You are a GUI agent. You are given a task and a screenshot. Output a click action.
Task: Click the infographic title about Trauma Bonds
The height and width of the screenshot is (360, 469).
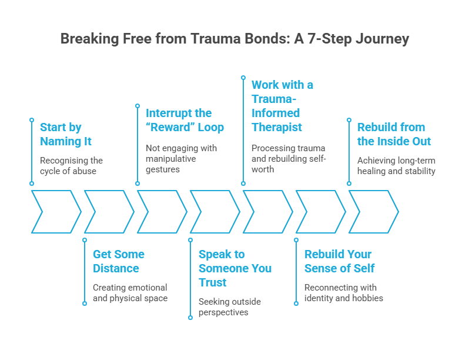(235, 39)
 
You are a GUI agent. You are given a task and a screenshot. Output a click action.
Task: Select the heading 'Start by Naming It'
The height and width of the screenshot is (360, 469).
(65, 134)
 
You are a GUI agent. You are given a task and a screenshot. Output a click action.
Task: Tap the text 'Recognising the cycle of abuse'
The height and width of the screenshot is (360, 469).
(71, 166)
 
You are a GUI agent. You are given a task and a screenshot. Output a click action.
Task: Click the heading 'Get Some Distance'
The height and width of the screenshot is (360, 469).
(118, 261)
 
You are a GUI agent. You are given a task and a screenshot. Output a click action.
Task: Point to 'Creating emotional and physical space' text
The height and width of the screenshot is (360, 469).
(130, 293)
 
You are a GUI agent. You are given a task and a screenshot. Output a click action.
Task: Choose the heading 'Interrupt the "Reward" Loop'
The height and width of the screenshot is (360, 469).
(185, 119)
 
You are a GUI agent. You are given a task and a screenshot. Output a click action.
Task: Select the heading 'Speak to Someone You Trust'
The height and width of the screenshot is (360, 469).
(235, 268)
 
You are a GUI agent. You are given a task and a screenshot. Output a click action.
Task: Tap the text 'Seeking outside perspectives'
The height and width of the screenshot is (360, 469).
(230, 307)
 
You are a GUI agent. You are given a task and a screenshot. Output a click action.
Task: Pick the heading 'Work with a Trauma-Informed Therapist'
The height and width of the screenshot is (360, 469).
(282, 106)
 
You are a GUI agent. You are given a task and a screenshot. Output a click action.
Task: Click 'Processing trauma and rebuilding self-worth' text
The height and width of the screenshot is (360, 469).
(288, 159)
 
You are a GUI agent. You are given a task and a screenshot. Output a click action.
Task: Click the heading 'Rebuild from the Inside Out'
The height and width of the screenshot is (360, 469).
(394, 134)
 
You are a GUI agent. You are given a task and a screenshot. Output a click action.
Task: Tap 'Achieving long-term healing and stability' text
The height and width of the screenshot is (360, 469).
(396, 166)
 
